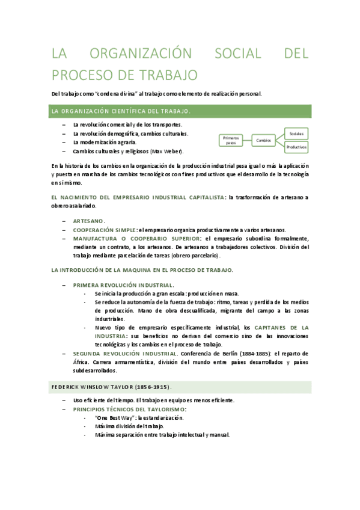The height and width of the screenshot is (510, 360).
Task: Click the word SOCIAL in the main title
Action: (237, 55)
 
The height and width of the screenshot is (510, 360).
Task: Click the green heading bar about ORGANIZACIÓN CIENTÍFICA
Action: (181, 111)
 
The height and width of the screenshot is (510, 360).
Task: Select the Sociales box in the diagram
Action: (296, 132)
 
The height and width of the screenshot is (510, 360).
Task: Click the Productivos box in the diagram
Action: (296, 147)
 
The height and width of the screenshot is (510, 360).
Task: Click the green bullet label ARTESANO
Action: (89, 221)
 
